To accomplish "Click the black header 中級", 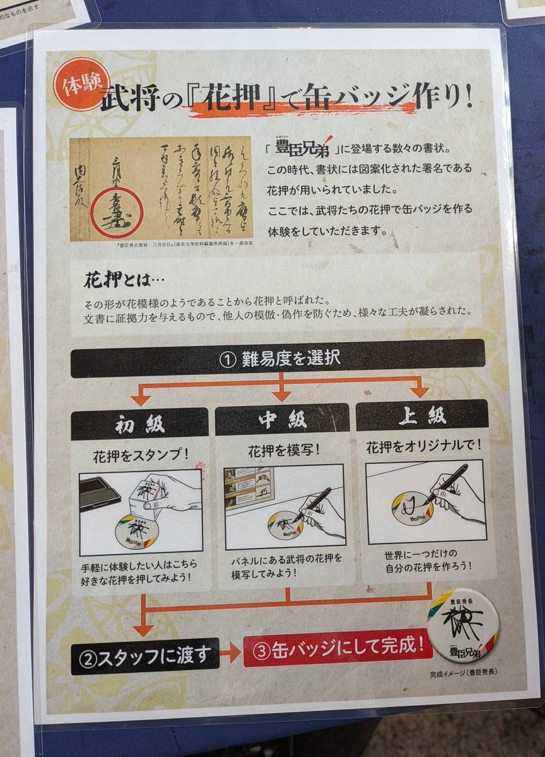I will (x=282, y=420).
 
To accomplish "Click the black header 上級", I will (x=423, y=416).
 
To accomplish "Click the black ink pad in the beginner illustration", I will (x=100, y=491).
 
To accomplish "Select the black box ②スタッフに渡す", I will (x=145, y=656).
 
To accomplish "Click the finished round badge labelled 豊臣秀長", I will (x=462, y=626).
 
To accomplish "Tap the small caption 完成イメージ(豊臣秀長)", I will (x=463, y=673).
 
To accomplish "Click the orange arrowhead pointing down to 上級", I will (x=419, y=391).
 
